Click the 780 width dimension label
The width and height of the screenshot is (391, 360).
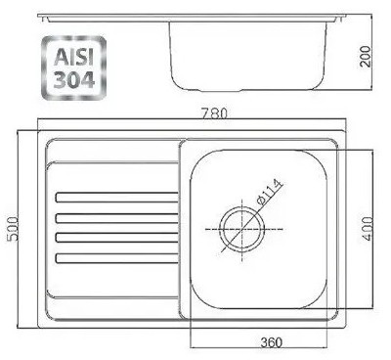214,113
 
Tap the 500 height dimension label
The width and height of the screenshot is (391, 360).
14,228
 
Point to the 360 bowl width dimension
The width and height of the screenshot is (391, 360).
272,342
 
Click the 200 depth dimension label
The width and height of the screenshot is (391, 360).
366,57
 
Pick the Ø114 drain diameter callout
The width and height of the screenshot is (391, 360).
270,192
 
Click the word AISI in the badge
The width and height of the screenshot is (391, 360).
73,58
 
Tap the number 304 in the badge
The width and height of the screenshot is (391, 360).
74,79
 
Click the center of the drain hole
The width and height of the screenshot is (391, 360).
241,230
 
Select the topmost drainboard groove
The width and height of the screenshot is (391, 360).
117,198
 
